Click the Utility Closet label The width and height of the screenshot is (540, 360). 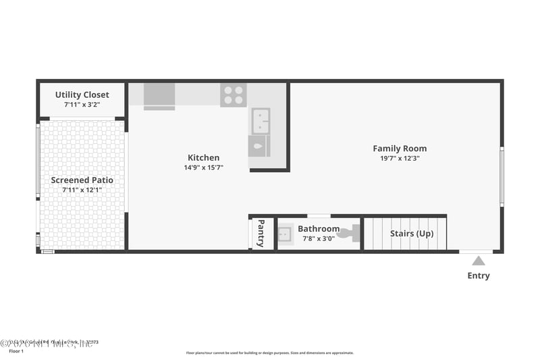pos(82,95)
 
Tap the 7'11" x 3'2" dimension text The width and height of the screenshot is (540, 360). pos(82,105)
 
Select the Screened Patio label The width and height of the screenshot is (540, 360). pos(82,180)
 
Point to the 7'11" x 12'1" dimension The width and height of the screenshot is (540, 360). pos(82,190)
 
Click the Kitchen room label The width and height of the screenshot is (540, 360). pos(203,157)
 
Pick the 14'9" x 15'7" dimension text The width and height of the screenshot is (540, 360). pos(203,168)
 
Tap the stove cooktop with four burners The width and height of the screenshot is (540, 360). pos(233,95)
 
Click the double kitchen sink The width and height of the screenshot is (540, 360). pos(261,121)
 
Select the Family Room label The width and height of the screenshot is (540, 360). pos(400,149)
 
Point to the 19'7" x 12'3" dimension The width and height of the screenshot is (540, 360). pos(400,159)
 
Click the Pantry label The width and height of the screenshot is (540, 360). pos(261,234)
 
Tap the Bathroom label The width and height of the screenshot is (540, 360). pos(319,229)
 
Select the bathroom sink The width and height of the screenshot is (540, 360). pos(285,234)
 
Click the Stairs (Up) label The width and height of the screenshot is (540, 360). pos(412,234)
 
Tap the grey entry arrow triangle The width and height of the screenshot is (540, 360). pos(478,261)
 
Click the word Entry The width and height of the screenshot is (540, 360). pos(479,276)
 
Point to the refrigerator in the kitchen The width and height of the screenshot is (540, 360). pos(159,95)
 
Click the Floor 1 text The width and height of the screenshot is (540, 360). pos(16,351)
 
